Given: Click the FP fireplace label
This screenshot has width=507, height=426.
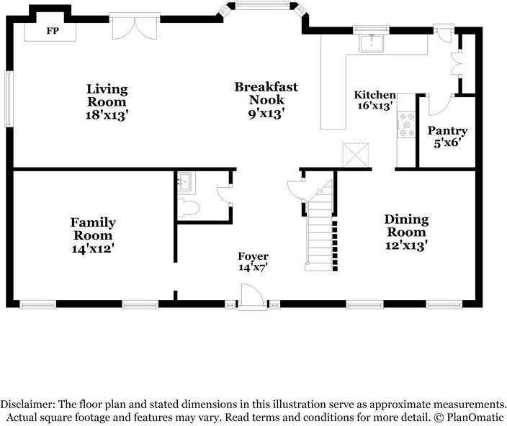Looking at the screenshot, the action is click(x=53, y=31).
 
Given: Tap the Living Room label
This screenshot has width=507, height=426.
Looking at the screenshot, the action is click(x=107, y=95).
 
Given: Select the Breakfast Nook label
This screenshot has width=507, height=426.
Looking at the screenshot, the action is click(x=266, y=94).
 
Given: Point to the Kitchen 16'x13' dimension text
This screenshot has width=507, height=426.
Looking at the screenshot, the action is click(x=375, y=106).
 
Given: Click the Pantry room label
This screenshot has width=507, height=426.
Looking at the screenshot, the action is click(x=447, y=131).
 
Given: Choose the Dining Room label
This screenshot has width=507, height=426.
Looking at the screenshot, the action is click(x=406, y=226).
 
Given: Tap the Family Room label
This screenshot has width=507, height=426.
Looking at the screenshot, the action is click(x=93, y=229).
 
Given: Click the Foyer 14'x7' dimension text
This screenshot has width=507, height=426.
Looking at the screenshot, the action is click(x=253, y=268).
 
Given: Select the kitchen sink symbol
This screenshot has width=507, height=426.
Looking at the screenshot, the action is click(x=371, y=43).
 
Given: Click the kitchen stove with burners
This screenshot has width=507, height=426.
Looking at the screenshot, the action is click(x=406, y=124).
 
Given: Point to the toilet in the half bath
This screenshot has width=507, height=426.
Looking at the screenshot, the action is click(x=189, y=208).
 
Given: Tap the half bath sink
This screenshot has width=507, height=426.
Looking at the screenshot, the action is click(x=187, y=182).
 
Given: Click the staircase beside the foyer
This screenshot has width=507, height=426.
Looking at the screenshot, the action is click(x=320, y=226).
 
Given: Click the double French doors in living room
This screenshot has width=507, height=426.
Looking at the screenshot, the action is click(x=135, y=27).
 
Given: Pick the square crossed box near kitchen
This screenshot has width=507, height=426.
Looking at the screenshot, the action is click(x=355, y=155).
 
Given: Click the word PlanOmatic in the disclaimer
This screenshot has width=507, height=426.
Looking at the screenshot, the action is click(x=475, y=417).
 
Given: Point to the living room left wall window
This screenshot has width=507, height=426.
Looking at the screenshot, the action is click(x=9, y=99).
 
